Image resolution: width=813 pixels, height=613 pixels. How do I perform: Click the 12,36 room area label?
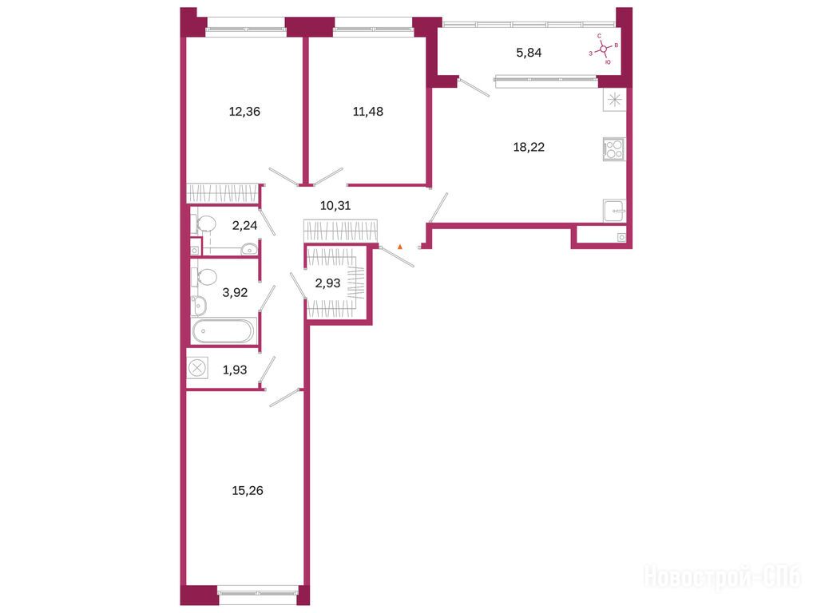coord(244,112)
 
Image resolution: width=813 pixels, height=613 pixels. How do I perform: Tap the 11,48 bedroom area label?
coord(368,112)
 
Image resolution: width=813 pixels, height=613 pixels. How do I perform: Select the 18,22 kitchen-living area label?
coord(529,147)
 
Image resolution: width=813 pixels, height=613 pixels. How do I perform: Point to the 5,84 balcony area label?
coord(529,53)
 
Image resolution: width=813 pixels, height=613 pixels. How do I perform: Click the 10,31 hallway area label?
coord(335,206)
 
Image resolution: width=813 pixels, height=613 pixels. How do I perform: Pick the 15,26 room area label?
coord(248,490)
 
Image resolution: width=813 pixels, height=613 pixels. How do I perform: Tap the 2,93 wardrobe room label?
coord(327,283)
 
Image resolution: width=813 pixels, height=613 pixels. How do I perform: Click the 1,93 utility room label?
coord(235,370)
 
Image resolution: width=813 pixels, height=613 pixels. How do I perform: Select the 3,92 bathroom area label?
coord(235,293)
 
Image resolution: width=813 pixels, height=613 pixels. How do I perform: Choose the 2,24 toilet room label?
coord(244,225)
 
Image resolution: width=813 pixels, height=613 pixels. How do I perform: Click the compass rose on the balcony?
coord(604,49)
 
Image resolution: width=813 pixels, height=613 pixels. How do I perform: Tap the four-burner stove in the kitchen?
coord(614,149)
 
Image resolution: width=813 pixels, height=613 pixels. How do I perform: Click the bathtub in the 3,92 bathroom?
coord(224,330)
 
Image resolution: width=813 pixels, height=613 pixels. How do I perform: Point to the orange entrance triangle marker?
coord(400,247)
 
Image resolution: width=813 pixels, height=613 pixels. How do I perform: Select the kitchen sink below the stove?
coord(614,211)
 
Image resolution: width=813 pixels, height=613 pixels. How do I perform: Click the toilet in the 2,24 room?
coord(204,223)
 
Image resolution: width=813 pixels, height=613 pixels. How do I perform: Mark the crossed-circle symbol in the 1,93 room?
coord(197,369)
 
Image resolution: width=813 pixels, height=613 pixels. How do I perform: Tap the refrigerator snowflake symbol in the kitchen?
coord(614,100)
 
